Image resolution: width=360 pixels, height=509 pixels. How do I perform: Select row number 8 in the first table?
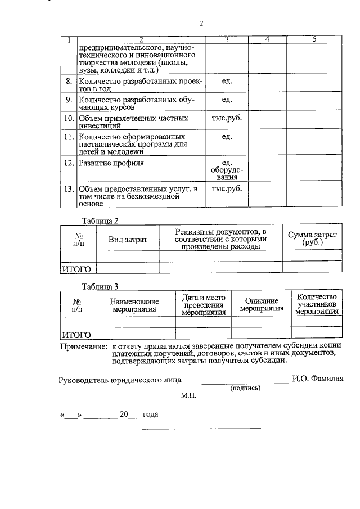pos(68,82)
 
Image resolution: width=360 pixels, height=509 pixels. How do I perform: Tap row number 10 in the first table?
pos(68,119)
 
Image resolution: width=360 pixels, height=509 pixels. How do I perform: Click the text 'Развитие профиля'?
pos(111,163)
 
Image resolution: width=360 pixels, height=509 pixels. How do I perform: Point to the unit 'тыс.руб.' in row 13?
pos(227,188)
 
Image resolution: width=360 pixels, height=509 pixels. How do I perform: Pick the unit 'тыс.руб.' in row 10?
pos(227,119)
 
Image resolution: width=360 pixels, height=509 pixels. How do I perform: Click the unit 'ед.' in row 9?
pos(227,100)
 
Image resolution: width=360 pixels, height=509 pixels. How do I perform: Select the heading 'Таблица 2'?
pos(100,220)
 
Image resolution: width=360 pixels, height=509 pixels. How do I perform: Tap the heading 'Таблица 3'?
pos(100,286)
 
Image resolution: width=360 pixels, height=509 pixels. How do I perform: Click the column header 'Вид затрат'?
pos(128,240)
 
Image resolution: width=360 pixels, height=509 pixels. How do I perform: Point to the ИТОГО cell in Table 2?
pos(76,269)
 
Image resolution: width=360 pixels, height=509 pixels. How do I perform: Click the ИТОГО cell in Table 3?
pos(76,335)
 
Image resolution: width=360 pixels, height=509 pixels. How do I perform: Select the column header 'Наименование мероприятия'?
pos(134,305)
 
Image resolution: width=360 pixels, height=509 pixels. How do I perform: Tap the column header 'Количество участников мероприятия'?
pos(316,304)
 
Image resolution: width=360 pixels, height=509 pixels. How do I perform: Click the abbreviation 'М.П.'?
pos(188,396)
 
